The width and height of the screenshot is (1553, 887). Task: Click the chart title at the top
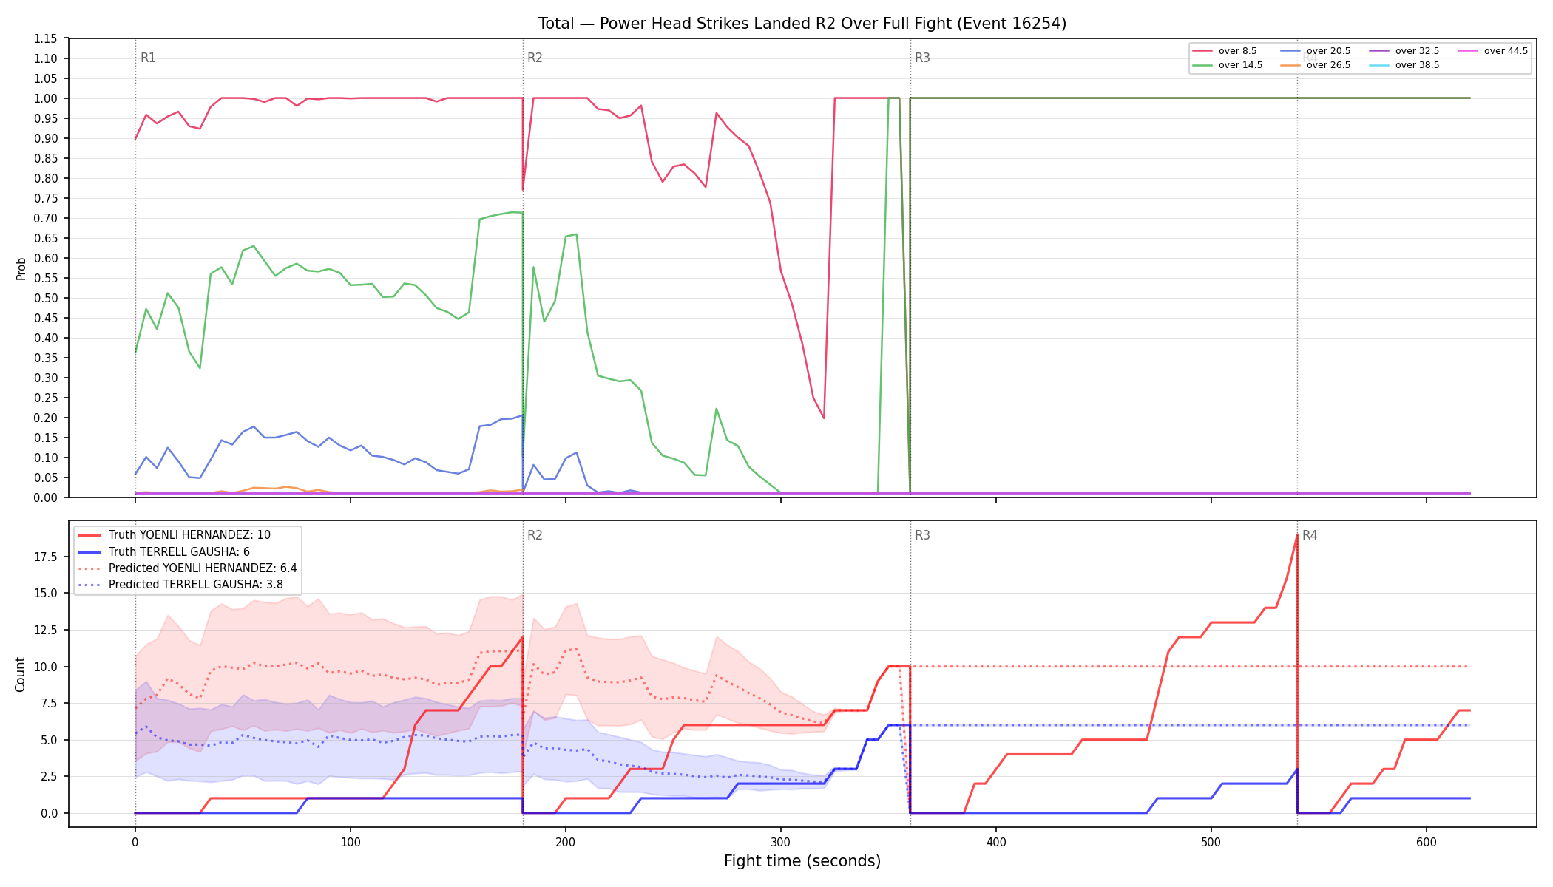point(802,24)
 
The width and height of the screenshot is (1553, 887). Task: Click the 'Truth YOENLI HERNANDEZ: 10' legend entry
point(189,535)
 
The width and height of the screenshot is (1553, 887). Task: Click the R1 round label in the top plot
point(148,58)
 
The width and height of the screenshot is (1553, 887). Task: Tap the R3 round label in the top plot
point(922,58)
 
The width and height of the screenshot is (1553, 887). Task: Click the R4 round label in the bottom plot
point(1310,535)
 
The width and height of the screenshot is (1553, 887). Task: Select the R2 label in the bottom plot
point(535,535)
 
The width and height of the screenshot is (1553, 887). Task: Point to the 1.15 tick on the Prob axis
point(46,38)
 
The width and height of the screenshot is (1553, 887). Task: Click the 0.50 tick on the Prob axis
point(46,298)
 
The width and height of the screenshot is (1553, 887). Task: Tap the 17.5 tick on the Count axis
point(46,557)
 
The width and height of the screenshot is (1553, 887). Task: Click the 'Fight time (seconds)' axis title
point(802,861)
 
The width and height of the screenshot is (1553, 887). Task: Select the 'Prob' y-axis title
point(21,268)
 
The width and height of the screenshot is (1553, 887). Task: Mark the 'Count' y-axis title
point(20,674)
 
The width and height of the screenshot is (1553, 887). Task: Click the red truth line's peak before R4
point(1297,534)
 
